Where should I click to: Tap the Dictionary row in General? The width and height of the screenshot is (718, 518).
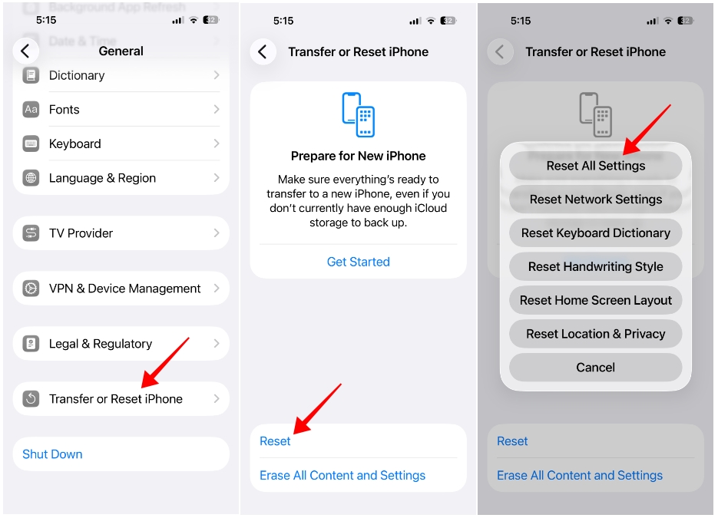121,75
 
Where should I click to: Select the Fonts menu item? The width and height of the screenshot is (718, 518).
121,110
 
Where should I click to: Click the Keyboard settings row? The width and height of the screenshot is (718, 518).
121,144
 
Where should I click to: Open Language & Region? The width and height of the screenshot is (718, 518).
121,178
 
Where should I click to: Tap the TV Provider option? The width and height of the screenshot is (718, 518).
121,233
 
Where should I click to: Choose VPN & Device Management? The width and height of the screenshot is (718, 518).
121,289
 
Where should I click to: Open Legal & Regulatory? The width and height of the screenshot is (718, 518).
121,344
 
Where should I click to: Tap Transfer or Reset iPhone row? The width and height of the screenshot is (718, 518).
121,399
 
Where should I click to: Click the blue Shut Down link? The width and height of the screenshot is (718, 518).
52,454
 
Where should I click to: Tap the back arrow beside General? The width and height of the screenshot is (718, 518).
25,51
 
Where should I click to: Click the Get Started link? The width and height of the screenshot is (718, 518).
358,262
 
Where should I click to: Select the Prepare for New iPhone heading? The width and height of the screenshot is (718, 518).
358,156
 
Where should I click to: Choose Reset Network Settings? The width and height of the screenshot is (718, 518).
595,200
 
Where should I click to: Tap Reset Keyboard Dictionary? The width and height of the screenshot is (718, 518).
595,233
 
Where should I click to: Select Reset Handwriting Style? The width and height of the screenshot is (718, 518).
595,267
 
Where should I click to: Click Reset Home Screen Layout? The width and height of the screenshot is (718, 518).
595,301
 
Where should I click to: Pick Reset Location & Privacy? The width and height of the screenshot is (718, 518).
595,335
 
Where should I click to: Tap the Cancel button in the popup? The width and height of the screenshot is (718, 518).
595,368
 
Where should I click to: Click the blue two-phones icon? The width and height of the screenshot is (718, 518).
358,115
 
